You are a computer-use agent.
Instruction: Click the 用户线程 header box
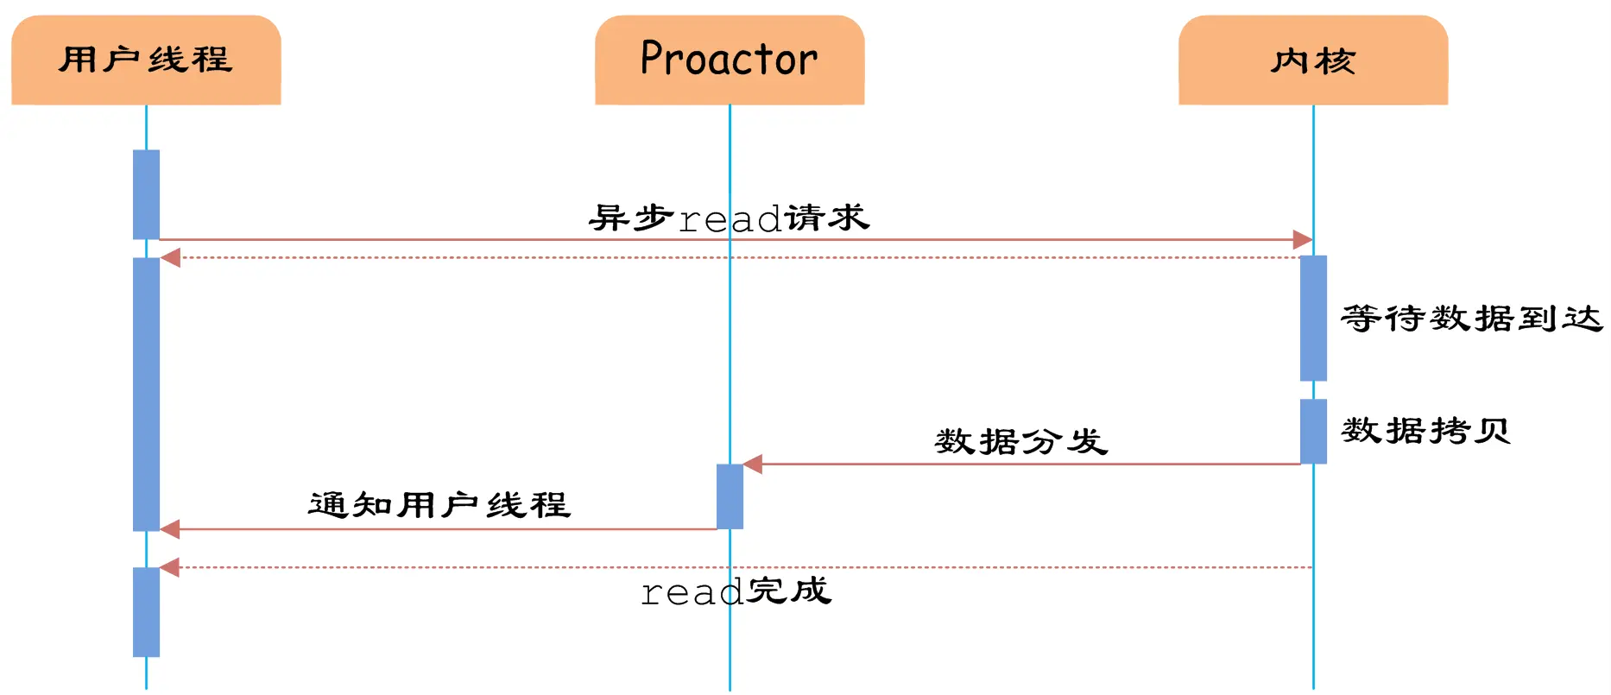[x=146, y=60]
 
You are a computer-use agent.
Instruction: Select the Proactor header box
[x=730, y=60]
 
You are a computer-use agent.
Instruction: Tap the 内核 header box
[x=1313, y=60]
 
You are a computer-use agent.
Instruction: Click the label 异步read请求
[x=730, y=218]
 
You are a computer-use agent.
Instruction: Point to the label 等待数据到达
[x=1471, y=319]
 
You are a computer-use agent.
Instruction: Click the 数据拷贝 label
[x=1425, y=430]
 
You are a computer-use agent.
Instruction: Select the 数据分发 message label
[x=1021, y=441]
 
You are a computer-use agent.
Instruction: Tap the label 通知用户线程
[x=439, y=505]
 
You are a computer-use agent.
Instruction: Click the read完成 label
[x=736, y=591]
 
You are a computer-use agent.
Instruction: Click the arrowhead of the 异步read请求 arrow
[x=1303, y=240]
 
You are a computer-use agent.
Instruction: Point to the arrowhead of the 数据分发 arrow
[x=753, y=464]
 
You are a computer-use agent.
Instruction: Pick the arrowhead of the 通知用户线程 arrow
[x=170, y=529]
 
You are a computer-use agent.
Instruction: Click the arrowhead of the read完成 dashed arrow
[x=170, y=567]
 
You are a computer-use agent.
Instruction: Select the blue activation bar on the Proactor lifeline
[x=730, y=496]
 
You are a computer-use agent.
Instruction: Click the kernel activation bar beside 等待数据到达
[x=1313, y=318]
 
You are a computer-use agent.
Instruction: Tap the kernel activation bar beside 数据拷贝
[x=1313, y=431]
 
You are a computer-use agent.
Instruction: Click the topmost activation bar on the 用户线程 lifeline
[x=146, y=194]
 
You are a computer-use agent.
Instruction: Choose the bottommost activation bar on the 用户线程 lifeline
[x=146, y=612]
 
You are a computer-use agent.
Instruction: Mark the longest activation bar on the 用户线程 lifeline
[x=146, y=394]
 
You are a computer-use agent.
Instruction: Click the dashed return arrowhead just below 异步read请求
[x=170, y=257]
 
